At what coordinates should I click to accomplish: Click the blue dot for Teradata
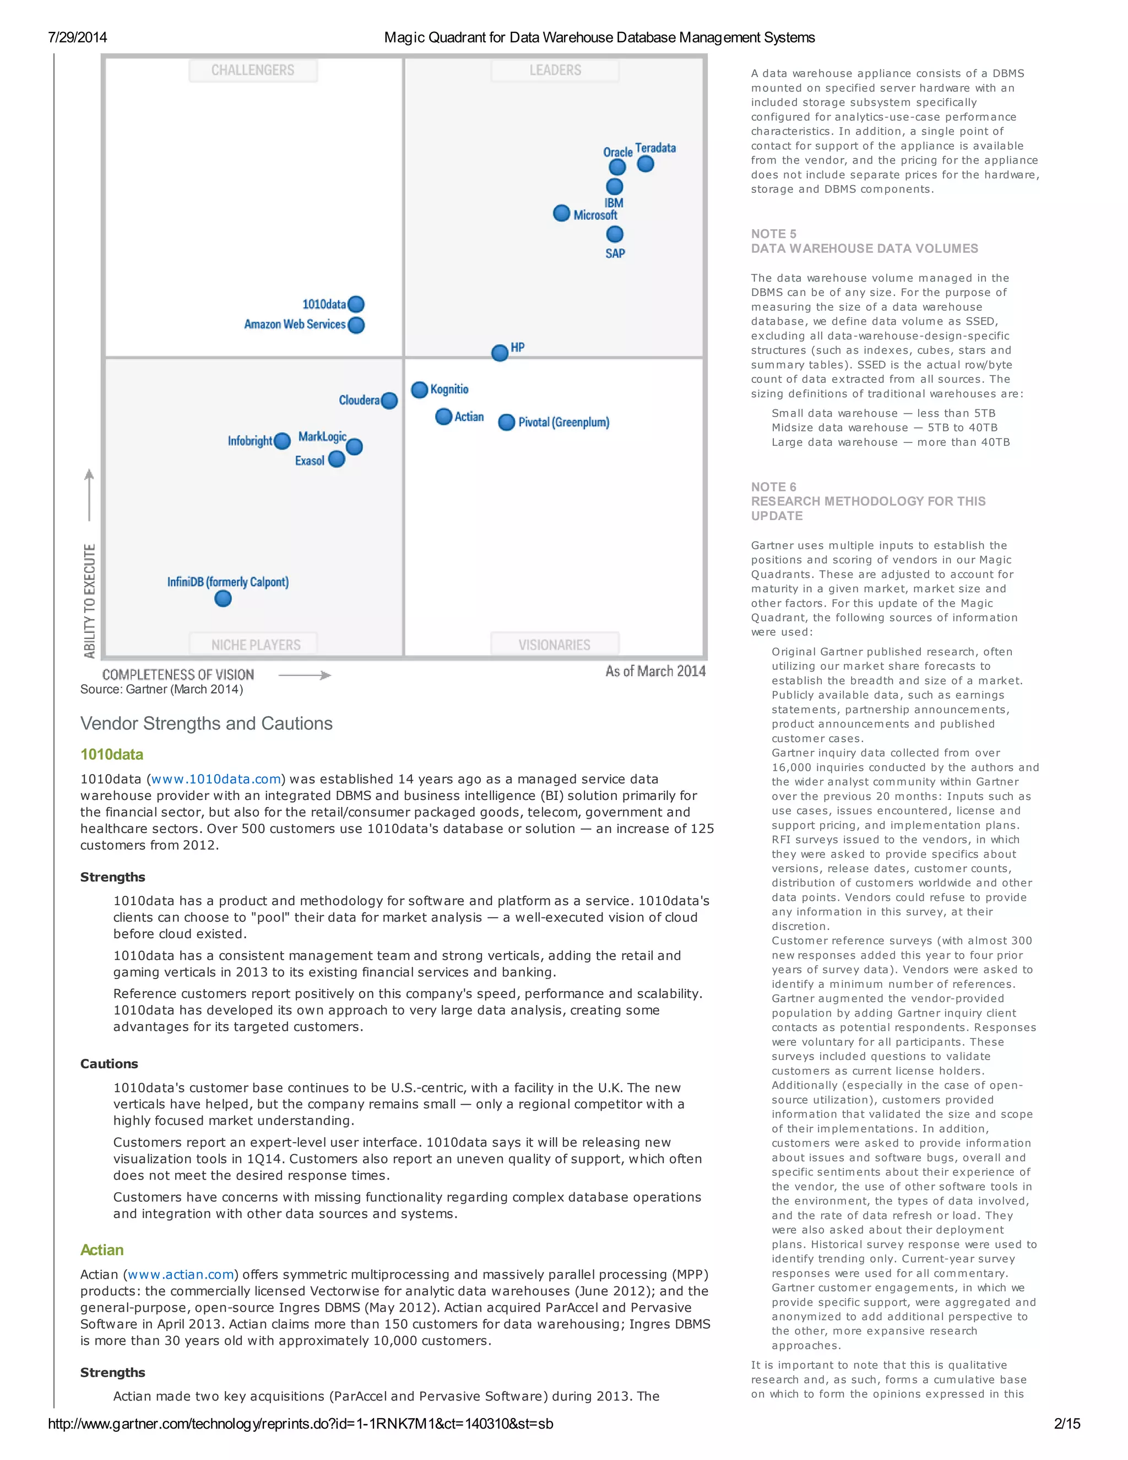(x=645, y=164)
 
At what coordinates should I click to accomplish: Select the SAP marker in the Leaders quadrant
(x=615, y=234)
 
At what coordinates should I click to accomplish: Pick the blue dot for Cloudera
(x=389, y=401)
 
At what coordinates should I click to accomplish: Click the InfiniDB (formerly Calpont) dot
(x=223, y=598)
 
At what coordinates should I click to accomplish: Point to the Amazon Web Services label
(x=295, y=324)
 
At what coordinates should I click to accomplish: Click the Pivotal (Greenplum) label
(x=563, y=422)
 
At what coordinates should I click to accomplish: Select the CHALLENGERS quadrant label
(x=253, y=70)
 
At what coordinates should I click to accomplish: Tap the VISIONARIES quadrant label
(x=554, y=645)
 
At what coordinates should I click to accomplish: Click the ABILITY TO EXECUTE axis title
(x=90, y=601)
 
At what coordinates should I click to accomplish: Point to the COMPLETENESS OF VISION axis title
(x=178, y=674)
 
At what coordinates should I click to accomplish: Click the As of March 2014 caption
(x=655, y=671)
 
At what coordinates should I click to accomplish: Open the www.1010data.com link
(x=216, y=779)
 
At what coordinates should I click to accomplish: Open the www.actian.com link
(x=181, y=1274)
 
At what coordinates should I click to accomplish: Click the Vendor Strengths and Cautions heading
(x=207, y=723)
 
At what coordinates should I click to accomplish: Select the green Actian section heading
(x=101, y=1250)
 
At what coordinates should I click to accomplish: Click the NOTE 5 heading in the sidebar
(x=773, y=234)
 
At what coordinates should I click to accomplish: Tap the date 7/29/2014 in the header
(x=78, y=37)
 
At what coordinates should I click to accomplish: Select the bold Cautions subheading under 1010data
(x=109, y=1063)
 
